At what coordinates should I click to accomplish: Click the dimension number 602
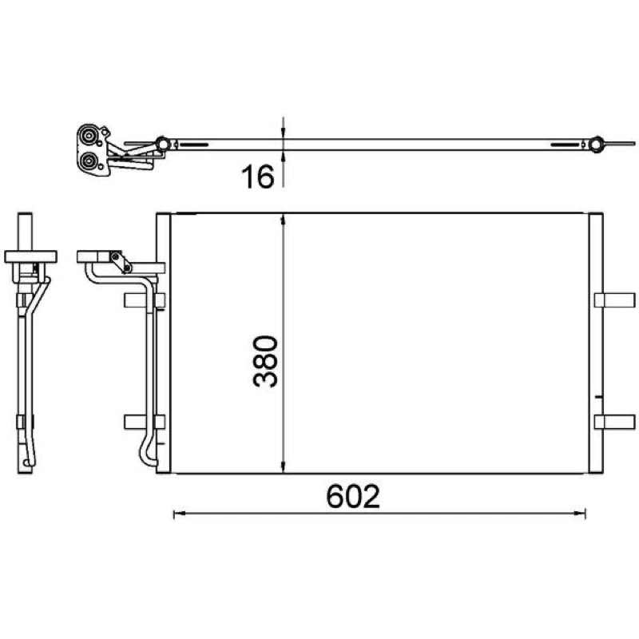(353, 496)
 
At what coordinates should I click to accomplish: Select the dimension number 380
(265, 361)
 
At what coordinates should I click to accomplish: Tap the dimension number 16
(258, 177)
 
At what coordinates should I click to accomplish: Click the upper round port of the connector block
(88, 136)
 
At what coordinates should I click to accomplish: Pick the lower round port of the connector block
(88, 162)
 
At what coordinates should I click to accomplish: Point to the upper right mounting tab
(614, 300)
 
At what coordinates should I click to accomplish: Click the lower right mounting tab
(614, 422)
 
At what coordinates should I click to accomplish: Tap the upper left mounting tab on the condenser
(145, 300)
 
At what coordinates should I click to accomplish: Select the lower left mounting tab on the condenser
(145, 422)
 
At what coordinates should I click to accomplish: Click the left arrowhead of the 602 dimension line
(178, 514)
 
